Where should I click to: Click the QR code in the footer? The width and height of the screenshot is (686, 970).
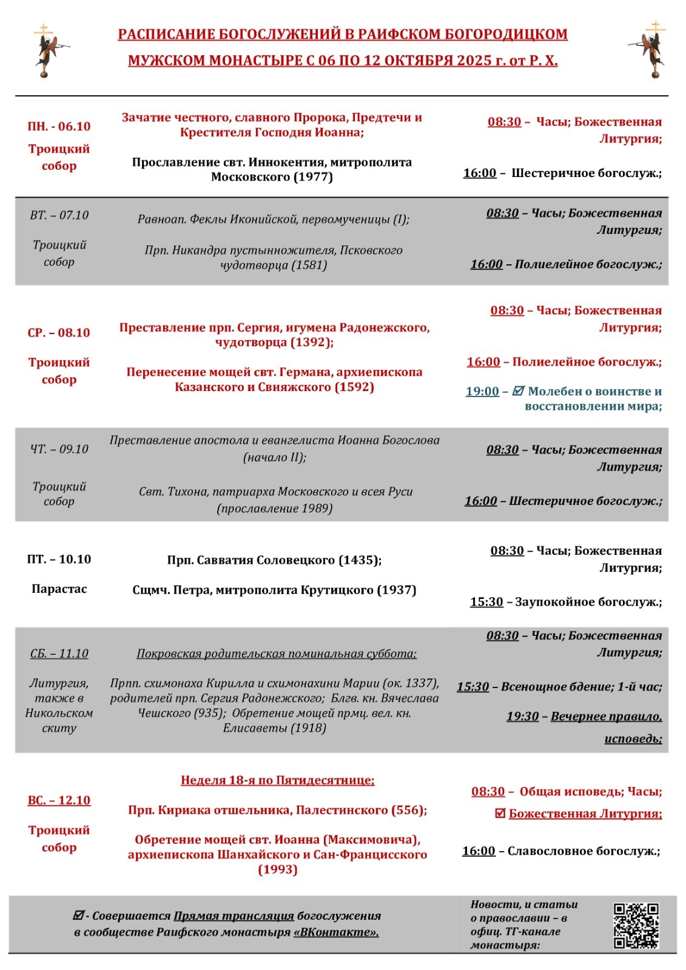(636, 926)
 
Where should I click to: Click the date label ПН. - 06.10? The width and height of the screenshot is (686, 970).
(59, 126)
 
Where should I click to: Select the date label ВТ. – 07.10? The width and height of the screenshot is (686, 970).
(59, 215)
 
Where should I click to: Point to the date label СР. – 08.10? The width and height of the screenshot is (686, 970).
(59, 333)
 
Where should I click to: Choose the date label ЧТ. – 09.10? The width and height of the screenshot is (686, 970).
(59, 449)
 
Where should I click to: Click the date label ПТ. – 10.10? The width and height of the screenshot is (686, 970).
(59, 559)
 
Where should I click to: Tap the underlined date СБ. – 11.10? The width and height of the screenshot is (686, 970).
(59, 654)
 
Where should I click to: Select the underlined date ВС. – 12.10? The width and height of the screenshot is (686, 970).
(59, 800)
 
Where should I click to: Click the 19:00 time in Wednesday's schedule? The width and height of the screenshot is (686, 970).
(482, 392)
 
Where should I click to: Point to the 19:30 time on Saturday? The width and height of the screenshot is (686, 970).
(522, 717)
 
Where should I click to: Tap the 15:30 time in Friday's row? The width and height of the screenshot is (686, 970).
(486, 602)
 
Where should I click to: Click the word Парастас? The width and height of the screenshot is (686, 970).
(59, 589)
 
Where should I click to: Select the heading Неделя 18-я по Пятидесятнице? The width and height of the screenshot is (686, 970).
(277, 780)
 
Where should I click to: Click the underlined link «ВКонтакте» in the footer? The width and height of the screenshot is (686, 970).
(336, 932)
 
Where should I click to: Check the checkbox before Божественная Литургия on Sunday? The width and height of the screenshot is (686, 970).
(500, 814)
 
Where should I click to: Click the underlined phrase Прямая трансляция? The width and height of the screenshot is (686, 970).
(234, 916)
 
